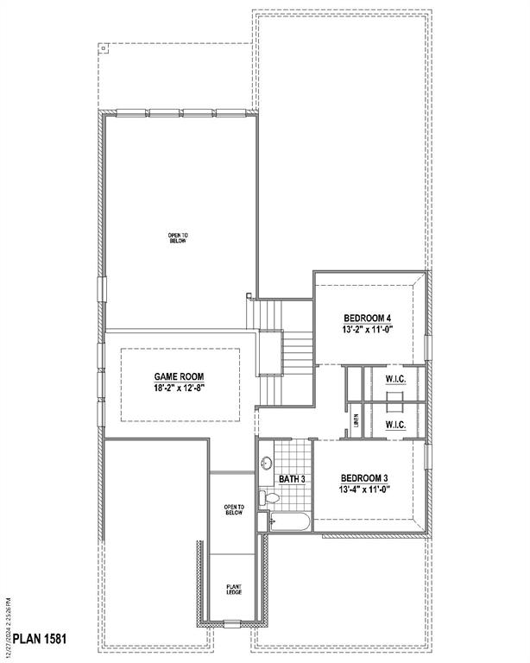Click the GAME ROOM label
tap(179, 376)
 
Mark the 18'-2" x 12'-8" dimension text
tap(179, 388)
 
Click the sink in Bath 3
tap(266, 464)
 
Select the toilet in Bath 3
tap(269, 497)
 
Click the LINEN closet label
tap(356, 421)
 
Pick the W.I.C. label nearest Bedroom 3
tap(395, 425)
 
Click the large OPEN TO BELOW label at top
tap(177, 237)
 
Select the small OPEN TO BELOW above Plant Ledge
tap(233, 510)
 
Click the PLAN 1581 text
tap(35, 641)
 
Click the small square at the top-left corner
tap(105, 48)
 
